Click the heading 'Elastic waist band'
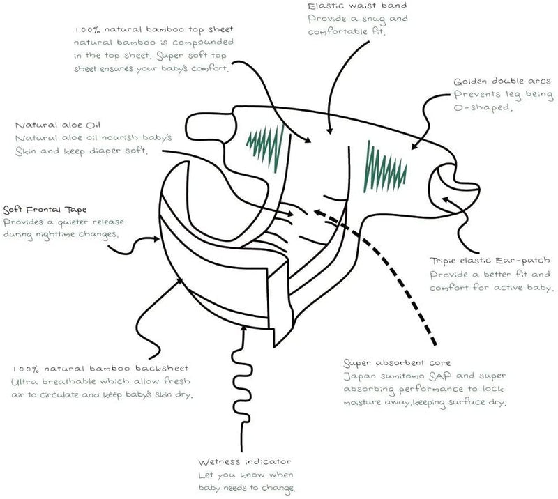point(357,6)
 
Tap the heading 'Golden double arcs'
point(502,82)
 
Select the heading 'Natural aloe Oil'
point(58,125)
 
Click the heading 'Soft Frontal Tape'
point(45,210)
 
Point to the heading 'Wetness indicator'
point(245,462)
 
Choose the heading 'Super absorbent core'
point(397,363)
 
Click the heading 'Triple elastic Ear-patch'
point(490,261)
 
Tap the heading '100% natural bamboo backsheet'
point(100,369)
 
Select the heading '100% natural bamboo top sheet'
point(154,29)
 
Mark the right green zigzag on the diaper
point(385,167)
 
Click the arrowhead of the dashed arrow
point(317,213)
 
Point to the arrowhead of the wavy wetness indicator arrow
point(243,328)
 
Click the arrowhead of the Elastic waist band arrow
point(329,131)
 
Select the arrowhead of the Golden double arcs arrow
point(414,146)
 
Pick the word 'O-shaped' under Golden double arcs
point(483,107)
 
